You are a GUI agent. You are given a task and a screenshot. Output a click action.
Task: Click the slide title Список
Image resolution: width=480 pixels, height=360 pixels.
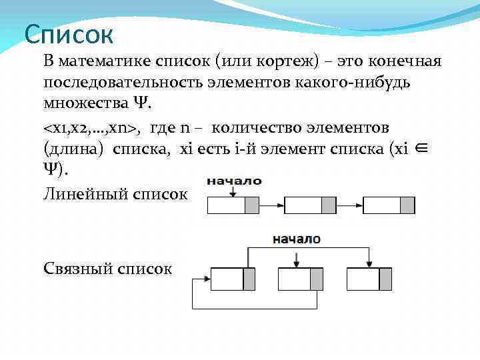click(x=69, y=33)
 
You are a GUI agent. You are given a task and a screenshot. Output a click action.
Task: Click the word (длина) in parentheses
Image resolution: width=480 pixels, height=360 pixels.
click(x=73, y=149)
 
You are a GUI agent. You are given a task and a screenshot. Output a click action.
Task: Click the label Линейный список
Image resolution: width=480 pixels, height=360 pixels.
click(x=115, y=194)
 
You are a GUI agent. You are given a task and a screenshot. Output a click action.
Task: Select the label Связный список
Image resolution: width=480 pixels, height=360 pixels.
click(x=108, y=269)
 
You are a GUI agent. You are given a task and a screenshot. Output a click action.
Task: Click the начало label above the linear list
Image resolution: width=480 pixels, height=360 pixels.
click(x=234, y=181)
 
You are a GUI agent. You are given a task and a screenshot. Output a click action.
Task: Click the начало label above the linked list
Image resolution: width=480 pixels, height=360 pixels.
click(x=296, y=239)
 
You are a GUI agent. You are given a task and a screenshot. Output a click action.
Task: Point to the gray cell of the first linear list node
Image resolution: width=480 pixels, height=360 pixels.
click(x=252, y=205)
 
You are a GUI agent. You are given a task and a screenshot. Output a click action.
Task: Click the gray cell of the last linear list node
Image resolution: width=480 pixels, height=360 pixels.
click(x=407, y=205)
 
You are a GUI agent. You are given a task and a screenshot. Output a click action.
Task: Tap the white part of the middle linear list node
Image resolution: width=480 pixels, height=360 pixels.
click(x=303, y=205)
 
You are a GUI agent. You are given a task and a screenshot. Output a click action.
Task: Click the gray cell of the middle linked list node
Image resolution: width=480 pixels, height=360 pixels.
click(x=317, y=279)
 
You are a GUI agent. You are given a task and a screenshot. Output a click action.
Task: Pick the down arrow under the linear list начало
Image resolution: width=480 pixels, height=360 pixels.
click(x=231, y=191)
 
